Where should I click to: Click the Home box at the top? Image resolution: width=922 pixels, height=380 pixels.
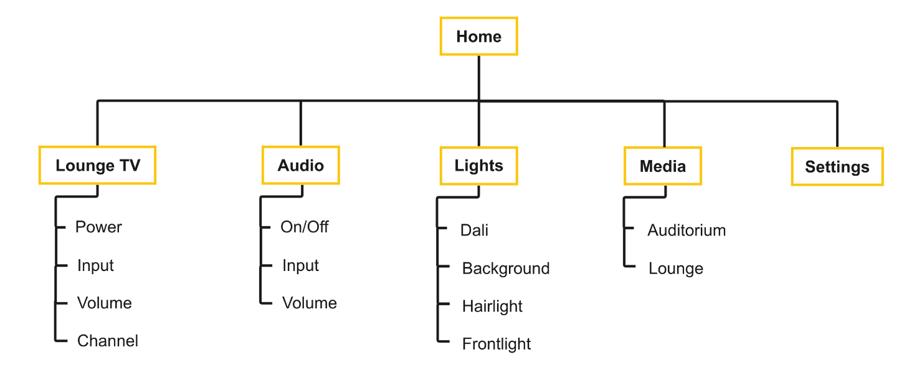pos(478,37)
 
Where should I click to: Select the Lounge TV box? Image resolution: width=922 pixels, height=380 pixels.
pos(97,166)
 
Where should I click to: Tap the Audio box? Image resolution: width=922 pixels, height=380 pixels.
pos(300,166)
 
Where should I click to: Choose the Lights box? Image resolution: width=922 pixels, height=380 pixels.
pos(478,166)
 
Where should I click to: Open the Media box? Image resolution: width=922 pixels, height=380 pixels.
pos(663,166)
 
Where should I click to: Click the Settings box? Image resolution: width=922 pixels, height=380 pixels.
pos(837,167)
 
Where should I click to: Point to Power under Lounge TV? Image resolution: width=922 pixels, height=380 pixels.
pos(98,227)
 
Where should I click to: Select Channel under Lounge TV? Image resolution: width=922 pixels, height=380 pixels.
pos(107,341)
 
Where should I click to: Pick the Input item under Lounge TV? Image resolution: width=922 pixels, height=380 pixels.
pos(95,266)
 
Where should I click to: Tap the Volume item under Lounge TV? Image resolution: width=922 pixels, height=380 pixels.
pos(104,303)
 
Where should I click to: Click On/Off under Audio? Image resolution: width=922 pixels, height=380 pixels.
pos(304,227)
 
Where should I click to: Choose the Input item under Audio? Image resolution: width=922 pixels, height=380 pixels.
pos(300,266)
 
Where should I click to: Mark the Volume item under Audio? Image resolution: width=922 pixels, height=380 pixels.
pos(309,303)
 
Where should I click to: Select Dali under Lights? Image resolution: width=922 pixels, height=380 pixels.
pos(474,230)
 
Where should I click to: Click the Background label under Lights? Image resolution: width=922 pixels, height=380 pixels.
pos(505,269)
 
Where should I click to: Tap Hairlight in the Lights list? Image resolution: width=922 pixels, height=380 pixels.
pos(492,306)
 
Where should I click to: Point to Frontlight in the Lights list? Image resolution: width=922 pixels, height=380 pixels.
pos(496,344)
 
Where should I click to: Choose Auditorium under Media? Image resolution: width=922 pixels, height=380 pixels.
pos(687,230)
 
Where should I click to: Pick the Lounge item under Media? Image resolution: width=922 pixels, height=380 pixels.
pos(675,269)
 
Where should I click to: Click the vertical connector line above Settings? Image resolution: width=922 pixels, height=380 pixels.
pos(837,125)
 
